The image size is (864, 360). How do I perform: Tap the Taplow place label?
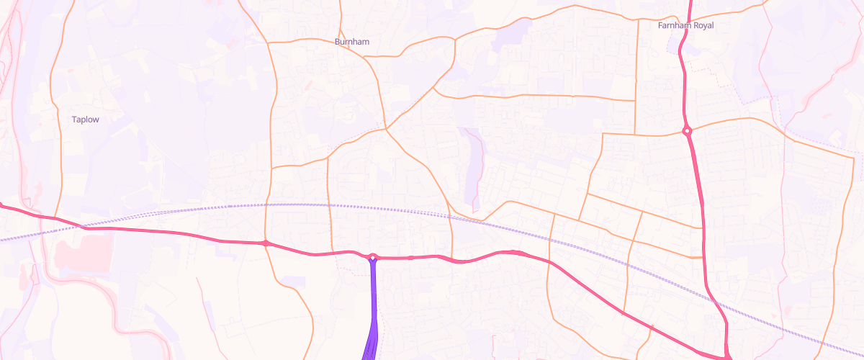click(x=85, y=120)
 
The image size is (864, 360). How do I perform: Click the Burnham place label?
click(x=352, y=42)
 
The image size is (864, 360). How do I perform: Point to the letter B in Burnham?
click(x=338, y=42)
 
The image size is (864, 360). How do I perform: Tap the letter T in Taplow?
click(x=74, y=120)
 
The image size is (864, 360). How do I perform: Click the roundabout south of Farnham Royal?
click(x=688, y=131)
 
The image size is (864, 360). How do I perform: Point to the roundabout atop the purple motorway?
click(x=373, y=257)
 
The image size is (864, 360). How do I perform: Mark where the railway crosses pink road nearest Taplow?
click(x=81, y=227)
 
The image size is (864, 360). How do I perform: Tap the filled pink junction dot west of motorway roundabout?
click(x=266, y=243)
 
